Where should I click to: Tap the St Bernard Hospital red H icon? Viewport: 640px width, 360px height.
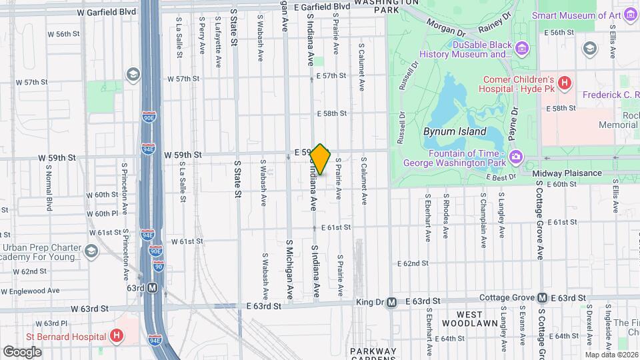click(117, 335)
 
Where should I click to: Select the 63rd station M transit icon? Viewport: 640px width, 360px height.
click(153, 288)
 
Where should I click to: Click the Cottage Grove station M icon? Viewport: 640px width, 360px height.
click(542, 298)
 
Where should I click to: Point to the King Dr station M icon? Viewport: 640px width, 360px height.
click(391, 301)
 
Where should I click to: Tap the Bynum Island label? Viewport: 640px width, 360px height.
click(455, 131)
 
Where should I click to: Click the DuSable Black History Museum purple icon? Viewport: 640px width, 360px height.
click(522, 48)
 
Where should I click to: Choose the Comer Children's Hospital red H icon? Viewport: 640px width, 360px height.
click(565, 83)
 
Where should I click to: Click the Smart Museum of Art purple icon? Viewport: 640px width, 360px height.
click(631, 15)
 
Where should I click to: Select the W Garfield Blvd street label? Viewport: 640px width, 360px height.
click(107, 12)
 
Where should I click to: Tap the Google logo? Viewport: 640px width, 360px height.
click(22, 351)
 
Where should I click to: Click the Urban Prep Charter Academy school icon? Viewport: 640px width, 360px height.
click(91, 251)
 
